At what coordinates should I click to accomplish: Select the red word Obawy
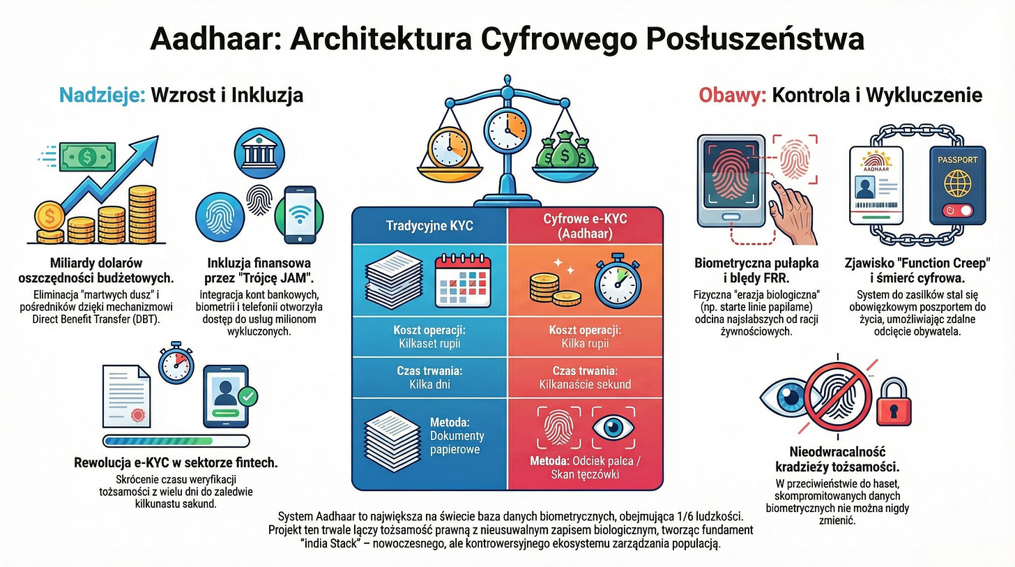tap(731, 95)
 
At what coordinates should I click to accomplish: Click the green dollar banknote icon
tap(87, 157)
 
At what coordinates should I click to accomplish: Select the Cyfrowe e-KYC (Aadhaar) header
tap(584, 225)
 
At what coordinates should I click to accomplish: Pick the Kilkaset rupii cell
tap(429, 344)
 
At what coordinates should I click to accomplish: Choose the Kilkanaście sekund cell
tap(585, 384)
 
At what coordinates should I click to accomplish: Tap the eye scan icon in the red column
tap(613, 427)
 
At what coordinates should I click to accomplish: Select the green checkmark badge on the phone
tap(246, 397)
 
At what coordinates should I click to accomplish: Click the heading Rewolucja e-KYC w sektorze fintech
tap(176, 463)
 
